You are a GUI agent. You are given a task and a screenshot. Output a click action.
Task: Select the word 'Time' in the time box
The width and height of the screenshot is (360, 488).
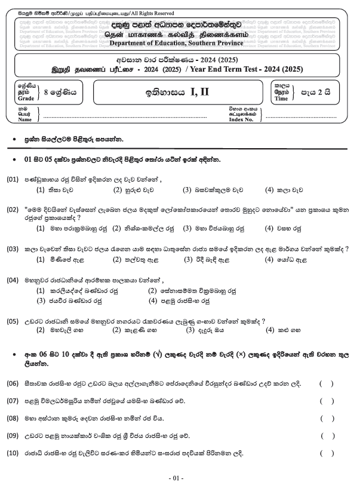(282, 99)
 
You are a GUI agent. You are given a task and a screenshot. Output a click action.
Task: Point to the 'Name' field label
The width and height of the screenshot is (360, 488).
(24, 119)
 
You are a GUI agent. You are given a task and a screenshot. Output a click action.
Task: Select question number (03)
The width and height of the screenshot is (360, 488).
(13, 248)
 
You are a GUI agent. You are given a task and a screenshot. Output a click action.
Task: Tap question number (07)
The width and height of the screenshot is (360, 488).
(13, 401)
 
